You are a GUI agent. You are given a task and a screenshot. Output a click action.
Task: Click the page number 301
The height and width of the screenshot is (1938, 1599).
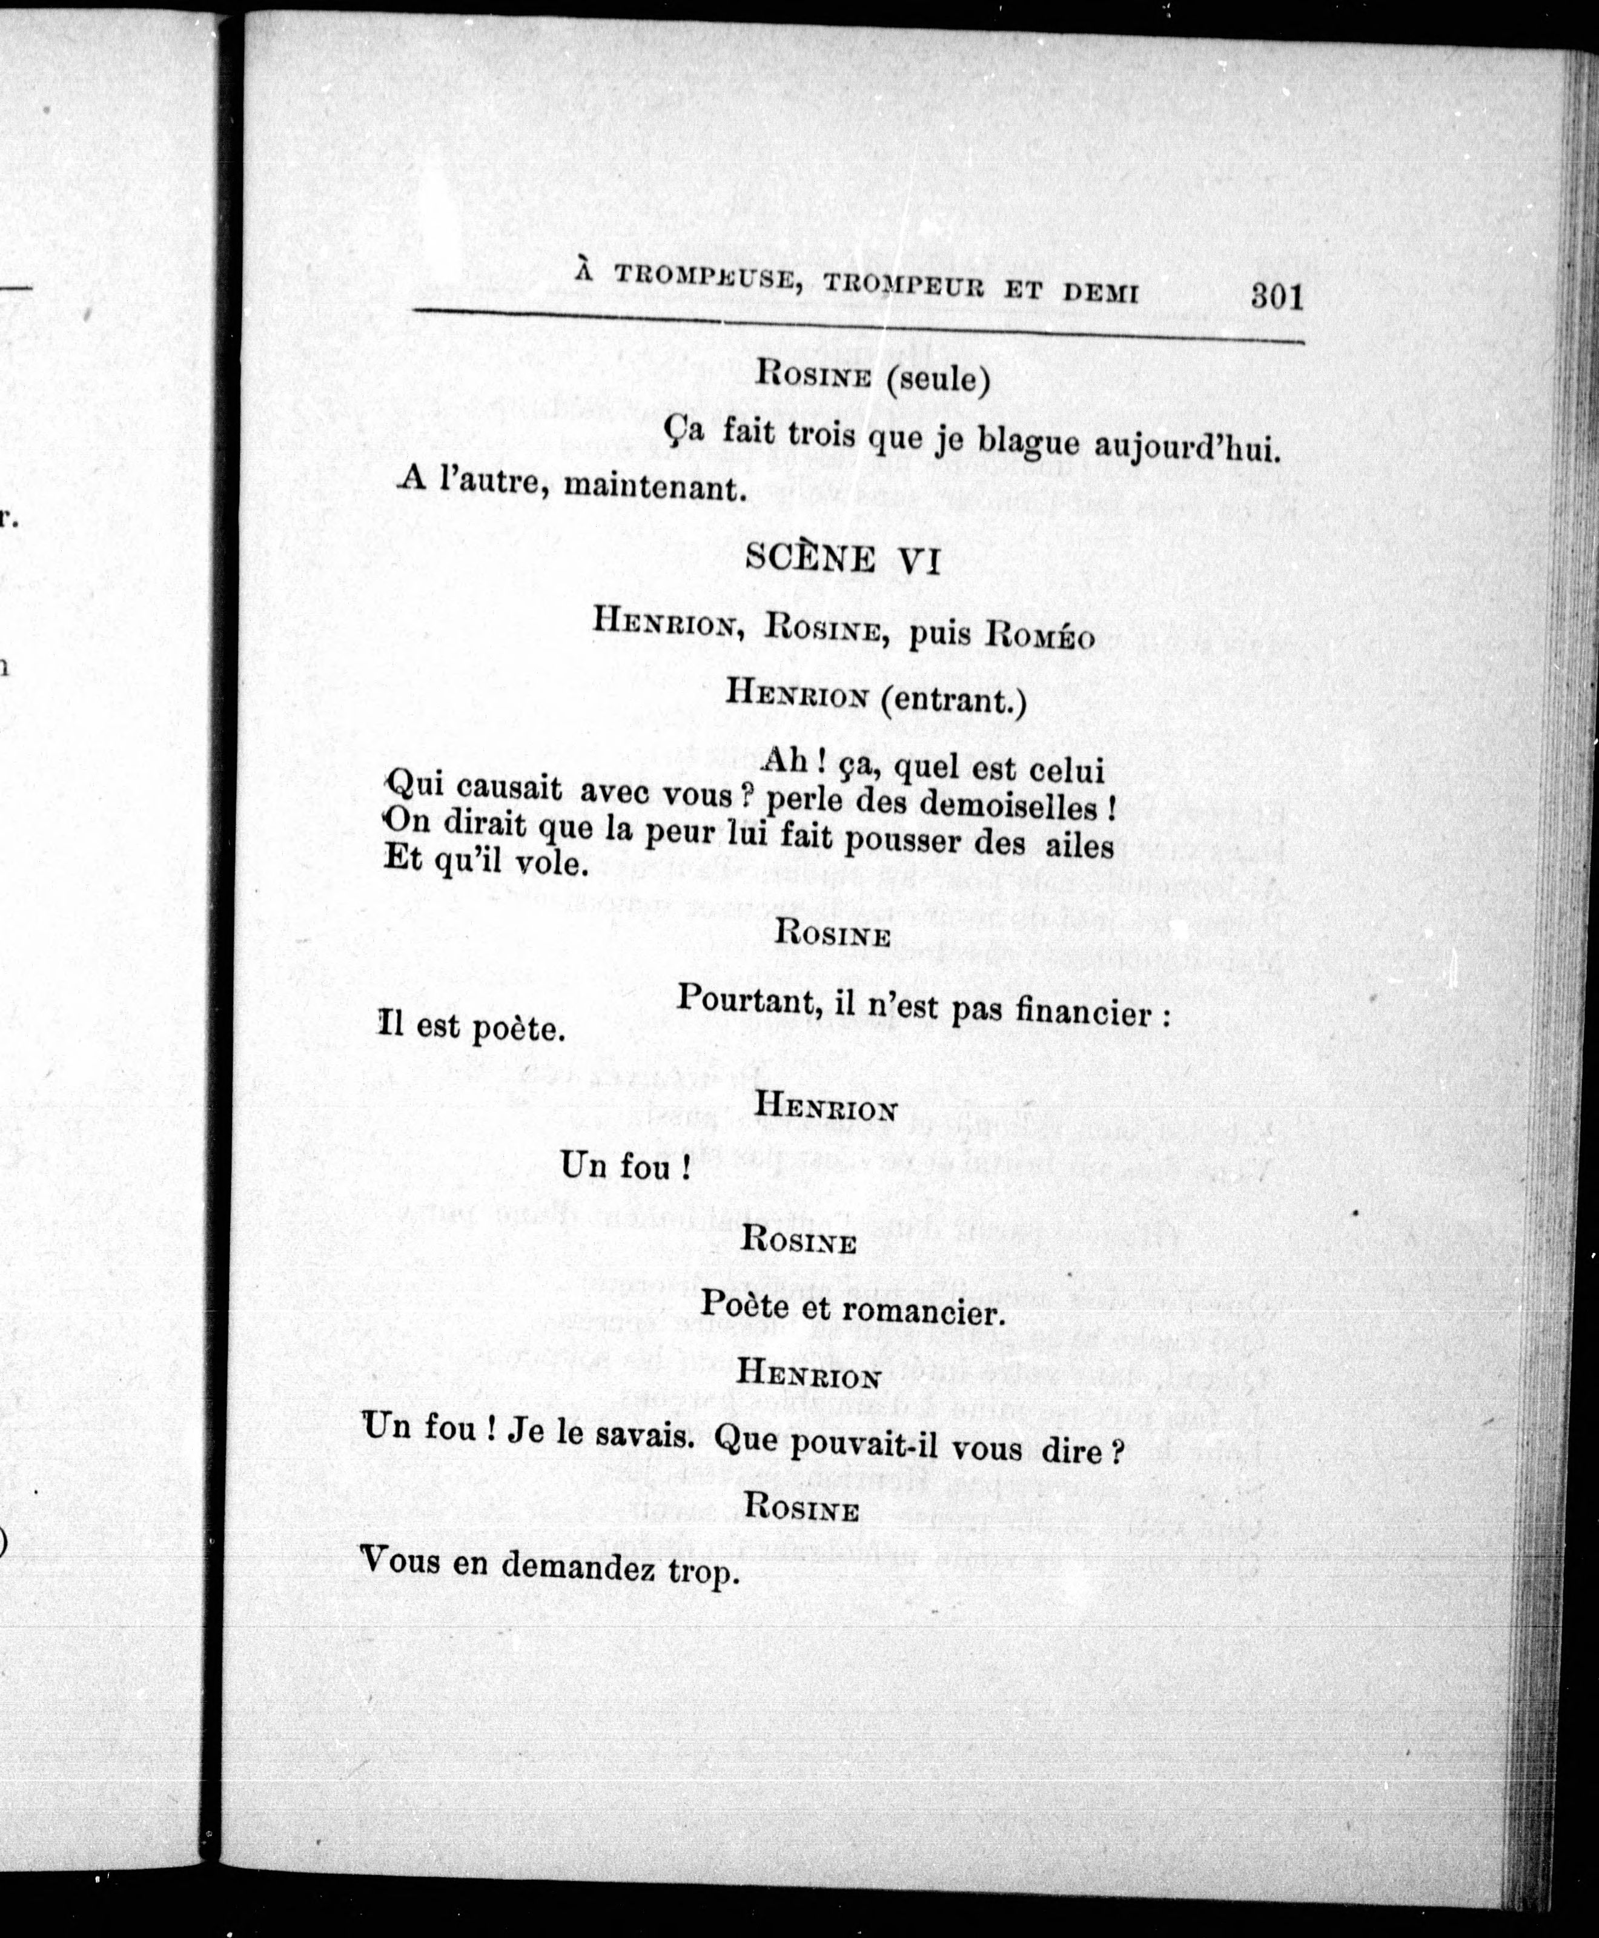click(x=1277, y=297)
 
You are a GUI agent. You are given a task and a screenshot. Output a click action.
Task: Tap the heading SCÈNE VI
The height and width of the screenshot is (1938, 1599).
click(x=842, y=559)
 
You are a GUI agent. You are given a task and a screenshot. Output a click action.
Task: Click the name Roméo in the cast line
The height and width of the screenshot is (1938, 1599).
click(x=1040, y=637)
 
